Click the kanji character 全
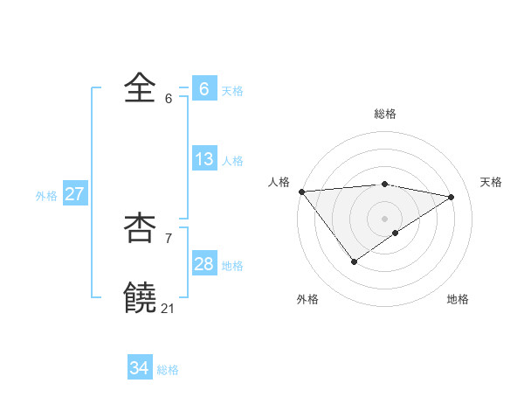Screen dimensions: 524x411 [x=141, y=87]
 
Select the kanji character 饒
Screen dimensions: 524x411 [x=141, y=298]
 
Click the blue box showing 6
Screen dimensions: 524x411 [x=203, y=88]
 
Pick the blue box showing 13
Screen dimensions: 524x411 [x=203, y=159]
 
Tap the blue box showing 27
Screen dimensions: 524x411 [x=74, y=194]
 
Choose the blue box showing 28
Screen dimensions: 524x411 [x=203, y=264]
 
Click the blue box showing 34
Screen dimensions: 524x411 [x=139, y=368]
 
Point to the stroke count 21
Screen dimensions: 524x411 [x=168, y=309]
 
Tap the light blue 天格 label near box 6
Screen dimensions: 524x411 [x=232, y=91]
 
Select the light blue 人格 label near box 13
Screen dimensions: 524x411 [x=232, y=161]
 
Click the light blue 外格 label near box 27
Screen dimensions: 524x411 [x=46, y=196]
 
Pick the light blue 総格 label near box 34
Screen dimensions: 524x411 [x=168, y=370]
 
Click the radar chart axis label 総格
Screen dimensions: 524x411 [x=384, y=114]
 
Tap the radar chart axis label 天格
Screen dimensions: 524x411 [x=491, y=182]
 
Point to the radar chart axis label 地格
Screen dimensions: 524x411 [x=458, y=299]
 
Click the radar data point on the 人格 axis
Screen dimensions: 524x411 [x=301, y=192]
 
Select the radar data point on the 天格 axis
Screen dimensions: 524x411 [x=452, y=197]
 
